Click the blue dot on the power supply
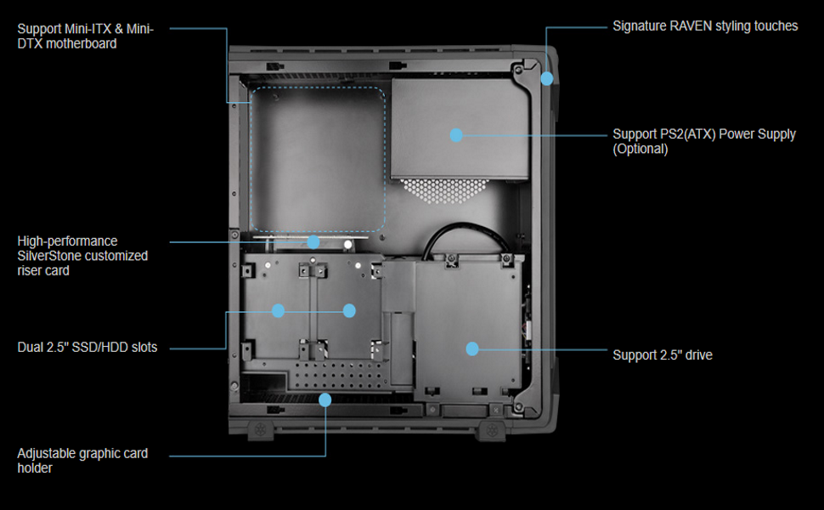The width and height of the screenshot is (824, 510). click(x=456, y=134)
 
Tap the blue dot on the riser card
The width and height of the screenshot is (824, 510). click(x=313, y=242)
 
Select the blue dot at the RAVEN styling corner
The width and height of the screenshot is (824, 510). click(x=546, y=79)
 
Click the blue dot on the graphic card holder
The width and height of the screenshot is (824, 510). click(x=324, y=399)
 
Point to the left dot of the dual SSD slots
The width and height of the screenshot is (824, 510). click(x=278, y=311)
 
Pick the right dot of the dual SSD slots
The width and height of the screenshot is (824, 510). click(x=349, y=311)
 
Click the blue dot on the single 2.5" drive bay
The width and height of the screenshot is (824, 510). click(x=472, y=348)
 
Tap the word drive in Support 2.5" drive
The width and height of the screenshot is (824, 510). click(x=697, y=354)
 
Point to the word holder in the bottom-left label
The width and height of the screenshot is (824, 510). click(x=35, y=467)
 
